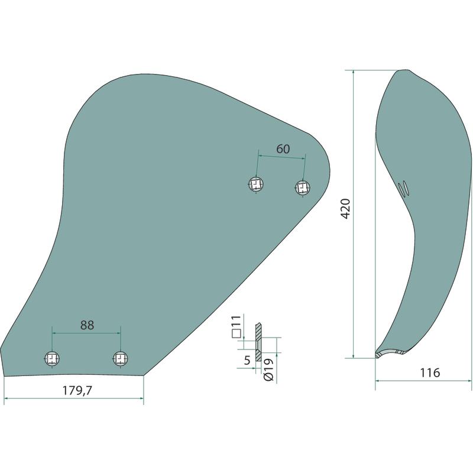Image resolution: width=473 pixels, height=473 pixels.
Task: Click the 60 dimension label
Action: click(283, 149)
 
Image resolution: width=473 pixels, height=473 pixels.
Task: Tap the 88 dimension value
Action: click(87, 325)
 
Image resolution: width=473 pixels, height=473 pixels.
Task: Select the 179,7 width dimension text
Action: click(77, 391)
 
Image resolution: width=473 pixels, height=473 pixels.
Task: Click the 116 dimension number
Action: click(430, 373)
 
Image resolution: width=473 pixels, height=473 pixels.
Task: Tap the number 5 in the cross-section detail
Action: click(247, 360)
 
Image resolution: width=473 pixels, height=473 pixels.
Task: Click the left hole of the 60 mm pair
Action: click(256, 184)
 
